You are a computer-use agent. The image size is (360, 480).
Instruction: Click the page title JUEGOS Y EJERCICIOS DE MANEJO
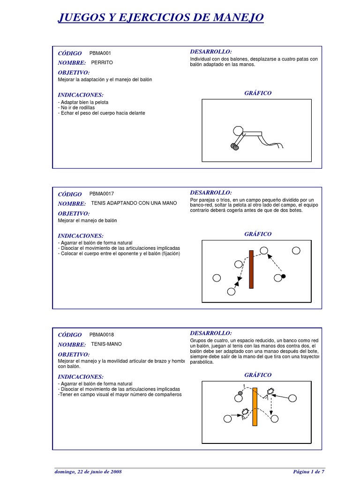[x=160, y=18]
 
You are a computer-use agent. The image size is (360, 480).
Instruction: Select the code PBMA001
[x=100, y=53]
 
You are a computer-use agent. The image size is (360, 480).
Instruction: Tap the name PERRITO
[x=102, y=62]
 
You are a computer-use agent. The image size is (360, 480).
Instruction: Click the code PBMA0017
[x=102, y=194]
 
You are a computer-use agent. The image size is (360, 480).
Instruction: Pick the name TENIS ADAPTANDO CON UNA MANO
[x=134, y=203]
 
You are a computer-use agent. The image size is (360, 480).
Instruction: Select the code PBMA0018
[x=102, y=335]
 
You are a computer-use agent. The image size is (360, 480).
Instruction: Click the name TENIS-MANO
[x=106, y=344]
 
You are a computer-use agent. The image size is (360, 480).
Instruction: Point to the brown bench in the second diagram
[x=251, y=269]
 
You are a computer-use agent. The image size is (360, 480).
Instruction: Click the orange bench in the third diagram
[x=255, y=406]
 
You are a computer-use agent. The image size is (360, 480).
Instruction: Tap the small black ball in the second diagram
[x=283, y=277]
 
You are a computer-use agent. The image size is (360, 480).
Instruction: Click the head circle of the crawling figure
[x=238, y=130]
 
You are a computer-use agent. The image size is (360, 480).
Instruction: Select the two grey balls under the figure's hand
[x=234, y=147]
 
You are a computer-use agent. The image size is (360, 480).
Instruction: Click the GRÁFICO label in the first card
[x=258, y=93]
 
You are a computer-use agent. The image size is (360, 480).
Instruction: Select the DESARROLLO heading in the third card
[x=211, y=333]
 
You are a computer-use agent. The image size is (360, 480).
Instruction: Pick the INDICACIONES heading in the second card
[x=80, y=236]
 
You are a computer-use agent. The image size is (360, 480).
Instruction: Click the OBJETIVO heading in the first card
[x=74, y=73]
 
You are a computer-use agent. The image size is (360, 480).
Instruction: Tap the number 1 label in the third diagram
[x=244, y=386]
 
